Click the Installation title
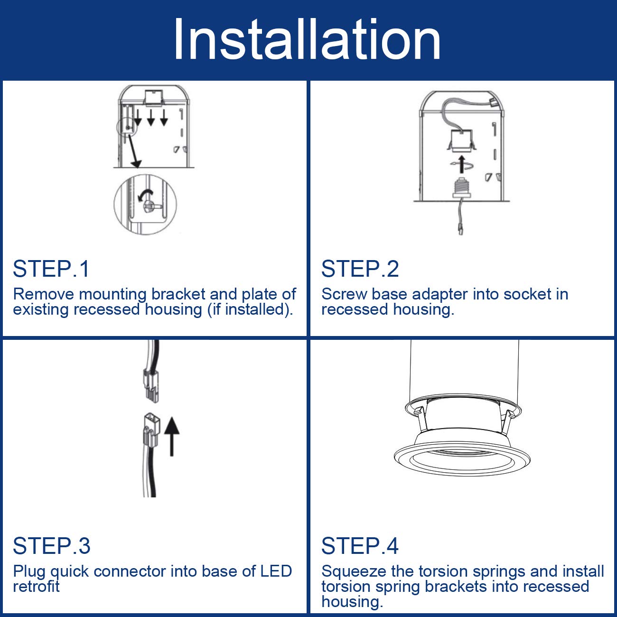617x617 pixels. click(307, 39)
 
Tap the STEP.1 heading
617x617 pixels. click(51, 269)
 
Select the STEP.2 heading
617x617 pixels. click(360, 269)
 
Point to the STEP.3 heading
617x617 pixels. click(52, 546)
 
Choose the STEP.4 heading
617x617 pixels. click(360, 546)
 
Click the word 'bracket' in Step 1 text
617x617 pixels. click(178, 294)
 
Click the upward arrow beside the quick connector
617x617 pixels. click(172, 436)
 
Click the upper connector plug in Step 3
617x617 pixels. click(151, 385)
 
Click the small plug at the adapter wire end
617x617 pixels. click(460, 229)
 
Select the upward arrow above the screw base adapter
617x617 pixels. click(461, 165)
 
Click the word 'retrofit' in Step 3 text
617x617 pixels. click(36, 587)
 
